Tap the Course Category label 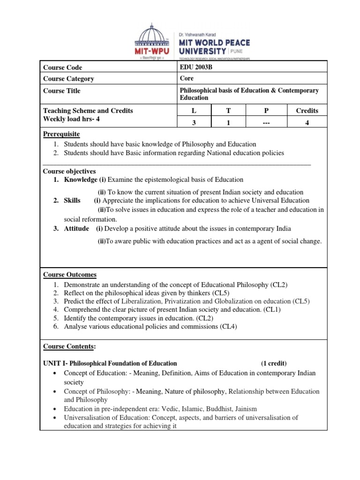click(x=68, y=79)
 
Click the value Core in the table click(x=187, y=78)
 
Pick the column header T click(x=229, y=111)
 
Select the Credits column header click(x=307, y=111)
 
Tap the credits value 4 click(x=307, y=122)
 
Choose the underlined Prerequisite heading click(x=62, y=135)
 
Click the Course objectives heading click(x=69, y=171)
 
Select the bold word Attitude click(x=76, y=229)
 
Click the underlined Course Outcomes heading click(x=70, y=274)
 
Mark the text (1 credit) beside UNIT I click(x=274, y=363)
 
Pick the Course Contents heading click(x=69, y=346)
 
